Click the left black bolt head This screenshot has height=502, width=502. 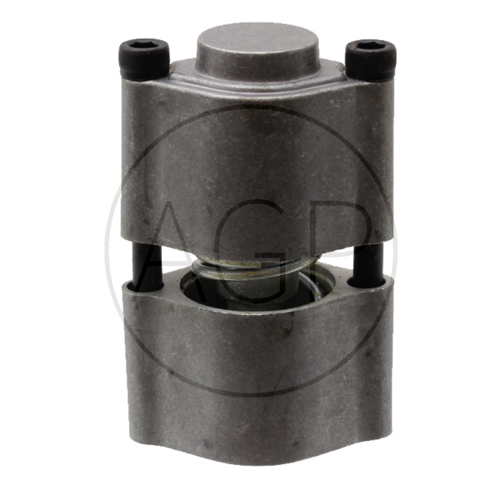144,60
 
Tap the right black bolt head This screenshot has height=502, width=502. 370,60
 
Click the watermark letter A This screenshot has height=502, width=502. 180,250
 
